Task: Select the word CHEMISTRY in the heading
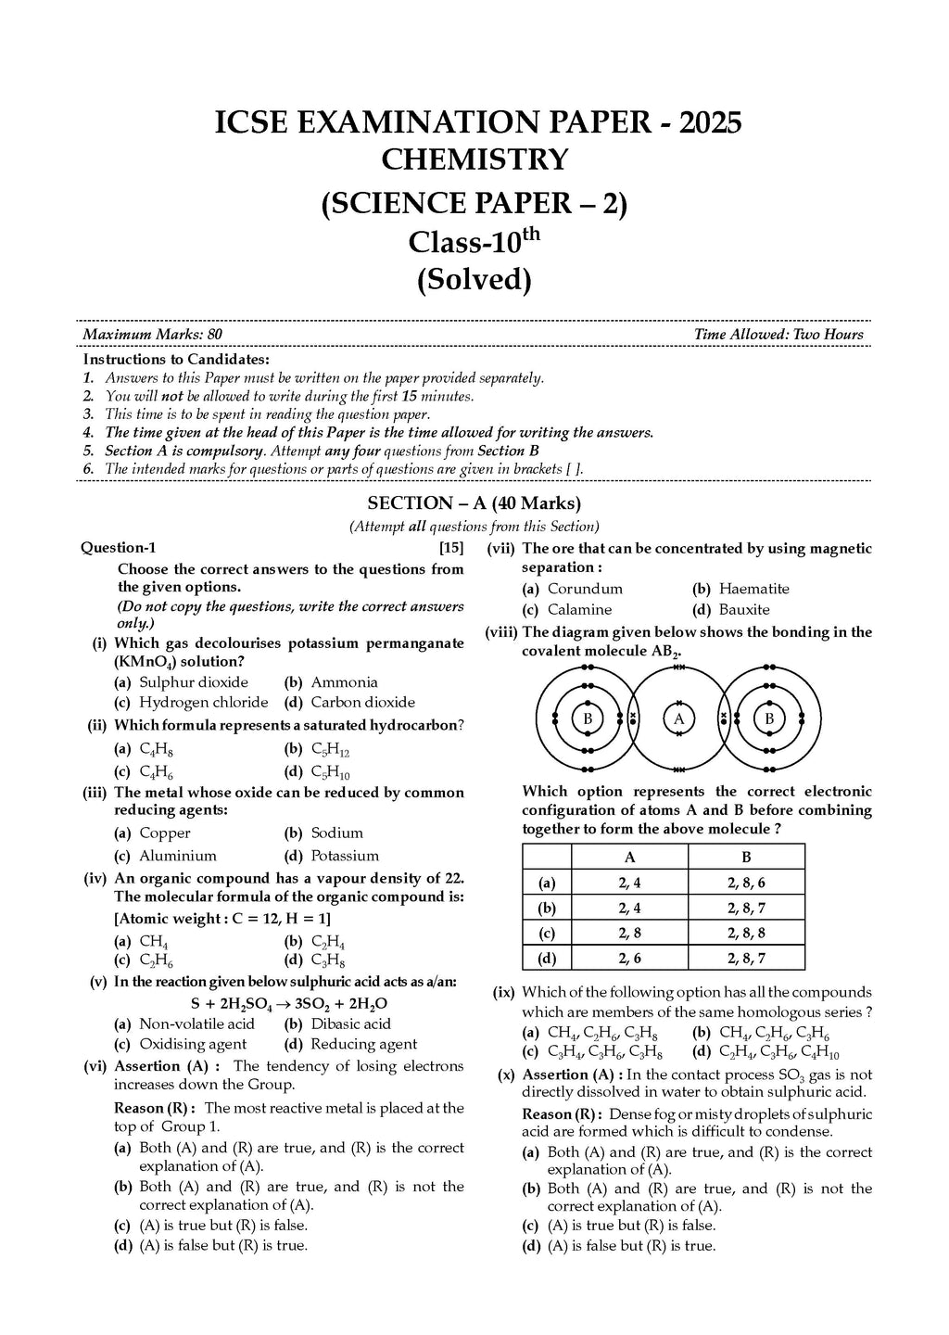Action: tap(474, 160)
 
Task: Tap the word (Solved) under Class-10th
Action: tap(474, 279)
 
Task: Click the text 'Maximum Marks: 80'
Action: tap(152, 335)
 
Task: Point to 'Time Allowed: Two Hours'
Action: tap(778, 335)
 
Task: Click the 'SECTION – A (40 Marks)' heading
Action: tap(474, 503)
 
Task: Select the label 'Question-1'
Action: tap(119, 548)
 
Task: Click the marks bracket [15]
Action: tap(451, 548)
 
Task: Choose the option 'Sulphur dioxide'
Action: tap(194, 682)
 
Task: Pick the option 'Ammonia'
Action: tap(344, 682)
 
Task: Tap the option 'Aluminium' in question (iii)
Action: tap(178, 856)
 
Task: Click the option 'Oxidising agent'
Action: tap(193, 1044)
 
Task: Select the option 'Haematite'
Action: tap(754, 589)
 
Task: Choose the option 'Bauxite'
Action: tap(744, 610)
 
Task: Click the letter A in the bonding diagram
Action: tap(679, 718)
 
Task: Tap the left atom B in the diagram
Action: tap(588, 718)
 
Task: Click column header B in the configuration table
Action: tap(746, 857)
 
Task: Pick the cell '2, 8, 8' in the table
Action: tap(746, 934)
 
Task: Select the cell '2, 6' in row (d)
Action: tap(629, 959)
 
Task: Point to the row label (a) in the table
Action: tap(547, 884)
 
